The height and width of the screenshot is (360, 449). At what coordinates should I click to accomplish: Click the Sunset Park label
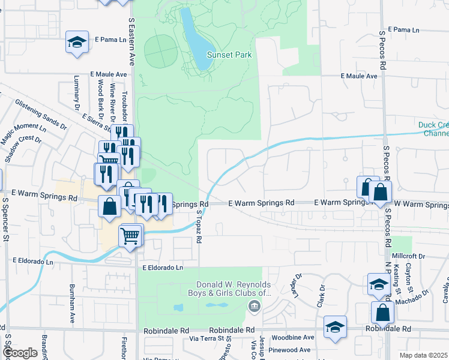[229, 55]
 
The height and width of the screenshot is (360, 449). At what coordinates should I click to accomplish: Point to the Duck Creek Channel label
[433, 129]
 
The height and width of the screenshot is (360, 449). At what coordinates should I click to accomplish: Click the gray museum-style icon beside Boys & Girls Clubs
[254, 307]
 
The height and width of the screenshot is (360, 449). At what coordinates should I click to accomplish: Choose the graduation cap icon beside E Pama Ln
[77, 42]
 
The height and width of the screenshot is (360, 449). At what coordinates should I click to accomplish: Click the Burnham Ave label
[71, 296]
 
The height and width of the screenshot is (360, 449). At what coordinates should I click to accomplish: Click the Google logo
[19, 353]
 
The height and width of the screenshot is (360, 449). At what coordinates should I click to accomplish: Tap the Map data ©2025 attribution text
[423, 355]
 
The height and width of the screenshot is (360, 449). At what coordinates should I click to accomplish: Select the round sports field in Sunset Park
[161, 51]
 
